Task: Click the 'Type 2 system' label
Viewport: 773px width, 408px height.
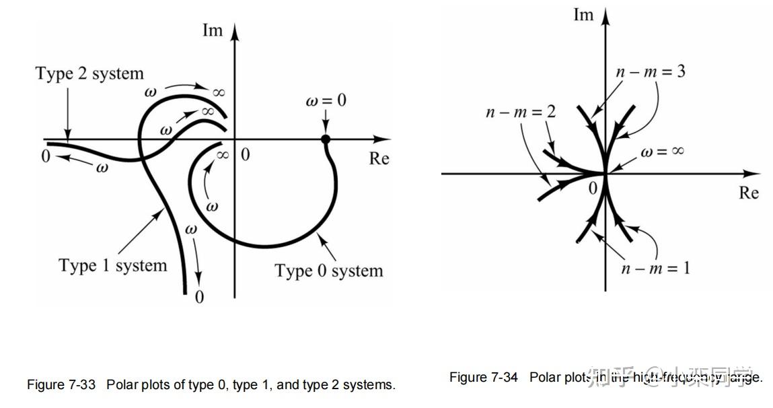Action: [x=89, y=73]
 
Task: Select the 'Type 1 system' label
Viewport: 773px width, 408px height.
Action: [x=112, y=266]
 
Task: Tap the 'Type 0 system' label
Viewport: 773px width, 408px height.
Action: [x=328, y=271]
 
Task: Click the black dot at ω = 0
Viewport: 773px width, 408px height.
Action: [x=326, y=139]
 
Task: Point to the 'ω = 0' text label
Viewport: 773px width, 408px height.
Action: [x=326, y=101]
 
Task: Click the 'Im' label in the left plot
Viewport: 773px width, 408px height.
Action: [x=212, y=30]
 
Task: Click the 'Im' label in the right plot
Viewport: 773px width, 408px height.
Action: [x=583, y=14]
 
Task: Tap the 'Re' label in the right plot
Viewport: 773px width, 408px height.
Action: [x=749, y=193]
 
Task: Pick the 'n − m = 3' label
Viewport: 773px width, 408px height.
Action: [x=651, y=71]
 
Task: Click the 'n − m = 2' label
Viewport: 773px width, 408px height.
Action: [x=521, y=112]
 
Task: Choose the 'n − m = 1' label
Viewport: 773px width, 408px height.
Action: [x=655, y=268]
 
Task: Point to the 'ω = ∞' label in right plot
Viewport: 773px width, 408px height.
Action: [x=662, y=152]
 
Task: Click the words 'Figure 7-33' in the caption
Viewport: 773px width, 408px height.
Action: [x=56, y=385]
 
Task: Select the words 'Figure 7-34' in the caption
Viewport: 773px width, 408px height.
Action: [x=484, y=377]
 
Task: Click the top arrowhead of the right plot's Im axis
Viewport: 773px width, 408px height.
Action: [x=605, y=13]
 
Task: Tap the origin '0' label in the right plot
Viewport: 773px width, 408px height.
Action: [x=593, y=189]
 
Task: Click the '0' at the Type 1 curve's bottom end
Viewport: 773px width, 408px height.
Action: [x=199, y=297]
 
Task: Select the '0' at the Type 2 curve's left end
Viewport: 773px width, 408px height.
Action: [x=45, y=156]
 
